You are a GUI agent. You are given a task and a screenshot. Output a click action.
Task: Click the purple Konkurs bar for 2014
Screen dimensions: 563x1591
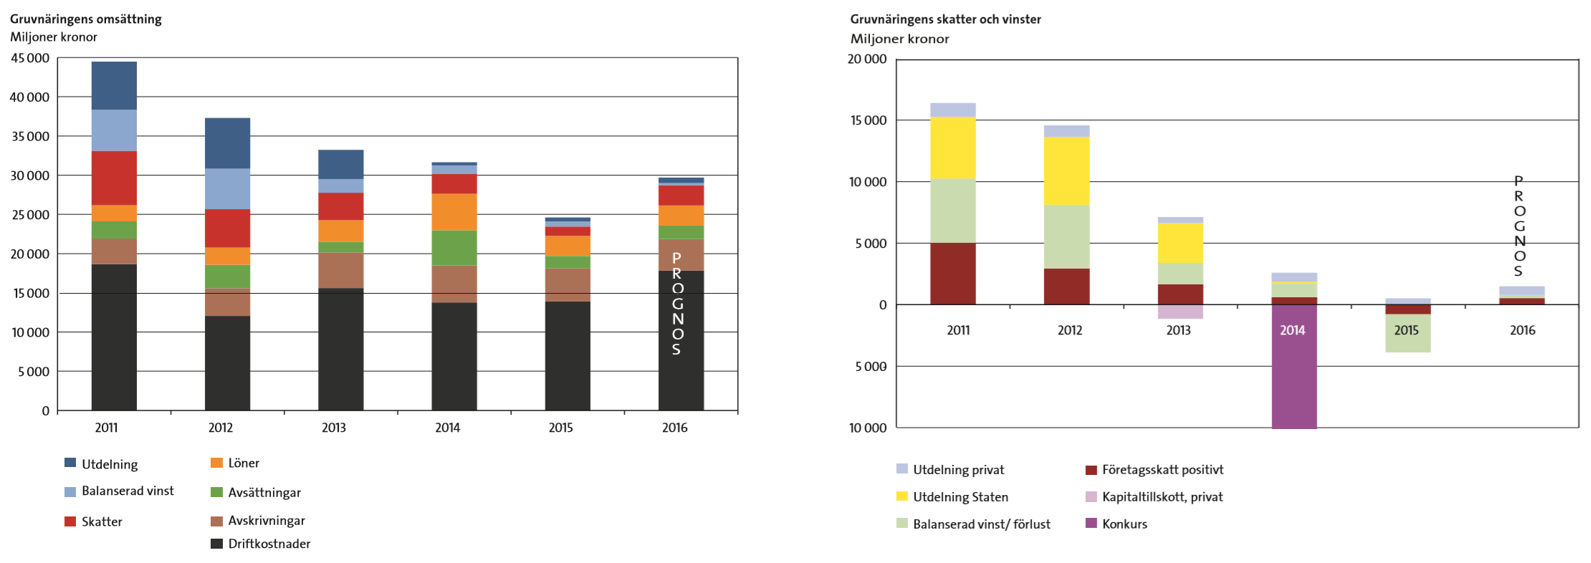point(1294,380)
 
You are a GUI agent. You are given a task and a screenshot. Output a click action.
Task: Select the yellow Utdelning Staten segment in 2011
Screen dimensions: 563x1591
point(952,148)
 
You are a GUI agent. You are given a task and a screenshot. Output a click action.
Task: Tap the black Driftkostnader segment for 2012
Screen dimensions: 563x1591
point(227,362)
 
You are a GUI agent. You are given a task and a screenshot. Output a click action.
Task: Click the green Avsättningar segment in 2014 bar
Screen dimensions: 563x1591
point(454,248)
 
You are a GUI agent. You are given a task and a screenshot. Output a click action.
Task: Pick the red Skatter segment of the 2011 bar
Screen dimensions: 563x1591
point(114,178)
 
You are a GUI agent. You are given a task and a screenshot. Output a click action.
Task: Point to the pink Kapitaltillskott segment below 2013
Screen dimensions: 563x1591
point(1180,312)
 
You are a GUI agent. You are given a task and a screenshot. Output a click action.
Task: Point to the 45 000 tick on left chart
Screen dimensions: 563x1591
point(29,58)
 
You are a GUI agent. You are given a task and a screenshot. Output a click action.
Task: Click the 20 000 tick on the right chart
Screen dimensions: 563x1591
point(866,59)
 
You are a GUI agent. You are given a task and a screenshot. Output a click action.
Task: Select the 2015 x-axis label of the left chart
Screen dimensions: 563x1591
point(560,428)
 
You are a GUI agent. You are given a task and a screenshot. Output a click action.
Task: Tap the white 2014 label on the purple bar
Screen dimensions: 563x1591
point(1292,330)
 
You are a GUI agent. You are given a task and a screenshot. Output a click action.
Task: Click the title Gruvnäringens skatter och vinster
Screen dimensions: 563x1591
point(945,19)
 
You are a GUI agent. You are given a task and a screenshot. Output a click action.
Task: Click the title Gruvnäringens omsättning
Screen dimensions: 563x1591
point(85,19)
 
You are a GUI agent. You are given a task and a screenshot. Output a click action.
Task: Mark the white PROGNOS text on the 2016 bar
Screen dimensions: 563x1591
point(677,304)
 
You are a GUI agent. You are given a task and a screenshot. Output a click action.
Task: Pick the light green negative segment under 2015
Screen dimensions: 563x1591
point(1408,333)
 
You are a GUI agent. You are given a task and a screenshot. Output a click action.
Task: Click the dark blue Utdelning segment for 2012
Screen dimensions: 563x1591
point(227,143)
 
